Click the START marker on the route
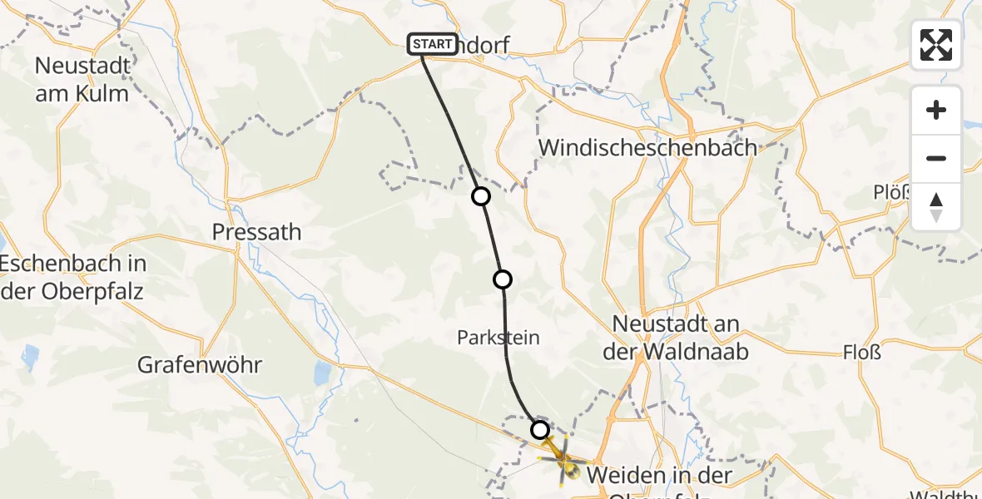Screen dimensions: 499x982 432,44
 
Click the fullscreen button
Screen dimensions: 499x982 936,45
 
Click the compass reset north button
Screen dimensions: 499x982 936,207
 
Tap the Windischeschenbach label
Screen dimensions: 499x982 648,148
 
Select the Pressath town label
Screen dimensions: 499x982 256,232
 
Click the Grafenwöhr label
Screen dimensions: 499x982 200,364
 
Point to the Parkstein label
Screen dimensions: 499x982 498,338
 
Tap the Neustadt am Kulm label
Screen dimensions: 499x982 82,79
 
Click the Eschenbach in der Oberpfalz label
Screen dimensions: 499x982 72,278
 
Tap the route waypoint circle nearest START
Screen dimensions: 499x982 481,196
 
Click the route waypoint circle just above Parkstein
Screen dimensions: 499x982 503,279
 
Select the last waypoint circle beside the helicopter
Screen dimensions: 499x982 540,430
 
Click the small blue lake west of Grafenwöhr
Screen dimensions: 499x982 31,357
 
